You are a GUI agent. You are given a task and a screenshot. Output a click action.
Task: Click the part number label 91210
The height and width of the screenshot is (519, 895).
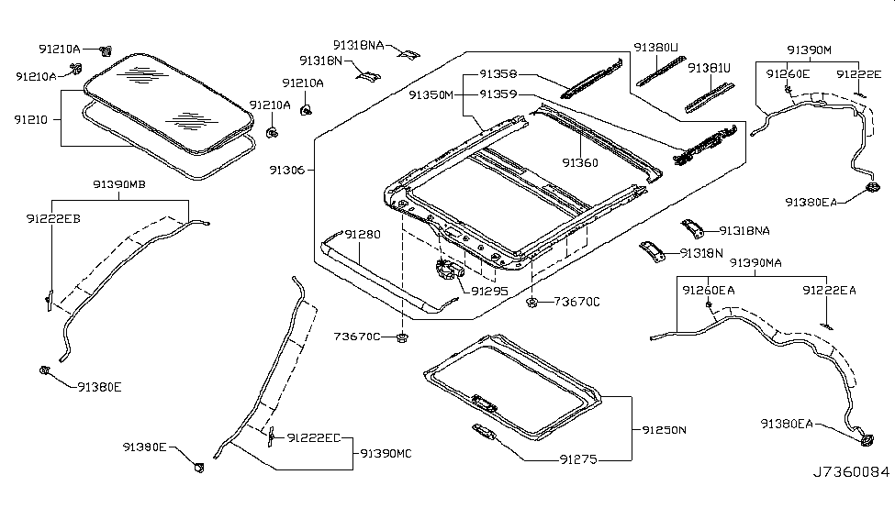31,119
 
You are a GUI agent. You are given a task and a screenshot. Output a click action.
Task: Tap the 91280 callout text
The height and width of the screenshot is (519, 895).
363,235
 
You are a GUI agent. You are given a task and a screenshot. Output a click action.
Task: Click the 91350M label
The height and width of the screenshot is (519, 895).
431,94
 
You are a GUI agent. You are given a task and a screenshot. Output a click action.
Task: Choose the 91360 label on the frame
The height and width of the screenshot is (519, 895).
580,163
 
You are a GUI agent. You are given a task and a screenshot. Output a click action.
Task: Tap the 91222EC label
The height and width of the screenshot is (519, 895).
315,438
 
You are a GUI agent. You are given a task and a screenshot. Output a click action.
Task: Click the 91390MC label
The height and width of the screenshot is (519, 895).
386,453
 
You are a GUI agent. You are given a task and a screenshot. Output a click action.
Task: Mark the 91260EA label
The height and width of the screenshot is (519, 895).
708,290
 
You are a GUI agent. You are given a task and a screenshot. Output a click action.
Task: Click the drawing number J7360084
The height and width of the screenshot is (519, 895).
851,473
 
